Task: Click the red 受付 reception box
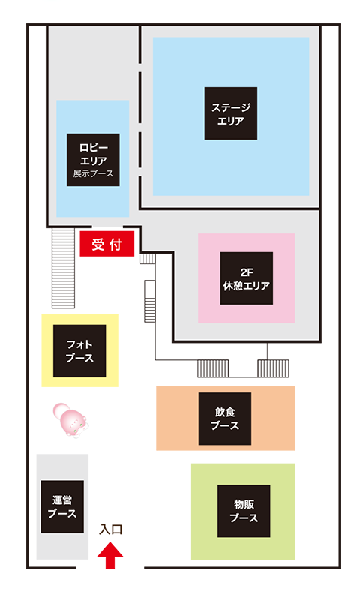[x=107, y=244]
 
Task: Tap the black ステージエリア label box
[x=231, y=113]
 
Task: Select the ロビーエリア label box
[x=93, y=160]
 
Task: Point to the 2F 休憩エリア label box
[x=247, y=278]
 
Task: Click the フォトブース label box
[x=79, y=351]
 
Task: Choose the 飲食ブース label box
[x=225, y=419]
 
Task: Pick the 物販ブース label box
[x=244, y=511]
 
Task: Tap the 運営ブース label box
[x=62, y=507]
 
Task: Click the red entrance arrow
[x=110, y=555]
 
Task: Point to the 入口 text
[x=110, y=530]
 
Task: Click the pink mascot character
[x=70, y=420]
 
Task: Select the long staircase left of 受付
[x=63, y=268]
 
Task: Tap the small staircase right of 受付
[x=148, y=258]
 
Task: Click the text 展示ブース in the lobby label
[x=93, y=174]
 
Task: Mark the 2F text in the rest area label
[x=247, y=272]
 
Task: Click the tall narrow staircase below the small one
[x=150, y=302]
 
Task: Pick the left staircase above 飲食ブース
[x=213, y=368]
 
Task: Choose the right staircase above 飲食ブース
[x=273, y=368]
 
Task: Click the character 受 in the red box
[x=97, y=244]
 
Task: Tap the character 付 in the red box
[x=115, y=244]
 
